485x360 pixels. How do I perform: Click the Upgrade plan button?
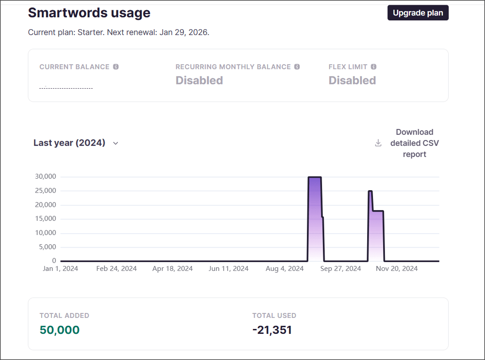pyautogui.click(x=418, y=13)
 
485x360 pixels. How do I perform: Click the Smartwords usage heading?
pyautogui.click(x=89, y=13)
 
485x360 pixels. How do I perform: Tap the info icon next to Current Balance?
pyautogui.click(x=116, y=67)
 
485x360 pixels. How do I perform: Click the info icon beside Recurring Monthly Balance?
pyautogui.click(x=297, y=67)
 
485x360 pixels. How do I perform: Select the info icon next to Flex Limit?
pyautogui.click(x=373, y=67)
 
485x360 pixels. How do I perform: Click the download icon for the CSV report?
pyautogui.click(x=378, y=143)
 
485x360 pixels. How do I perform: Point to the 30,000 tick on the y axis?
pyautogui.click(x=45, y=176)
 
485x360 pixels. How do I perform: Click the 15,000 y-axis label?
pyautogui.click(x=45, y=219)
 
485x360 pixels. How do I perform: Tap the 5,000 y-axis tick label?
pyautogui.click(x=47, y=247)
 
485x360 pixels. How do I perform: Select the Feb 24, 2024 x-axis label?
pyautogui.click(x=116, y=269)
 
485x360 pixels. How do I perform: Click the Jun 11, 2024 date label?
pyautogui.click(x=228, y=269)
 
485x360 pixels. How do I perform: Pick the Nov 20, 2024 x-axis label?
pyautogui.click(x=397, y=269)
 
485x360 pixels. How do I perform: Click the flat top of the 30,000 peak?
pyautogui.click(x=314, y=177)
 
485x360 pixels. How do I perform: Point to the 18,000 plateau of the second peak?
pyautogui.click(x=378, y=211)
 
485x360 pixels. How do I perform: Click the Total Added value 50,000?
pyautogui.click(x=59, y=330)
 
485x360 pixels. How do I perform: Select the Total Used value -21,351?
pyautogui.click(x=272, y=330)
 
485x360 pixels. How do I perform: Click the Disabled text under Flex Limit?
pyautogui.click(x=352, y=80)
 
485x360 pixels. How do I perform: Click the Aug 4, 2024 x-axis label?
pyautogui.click(x=284, y=269)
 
